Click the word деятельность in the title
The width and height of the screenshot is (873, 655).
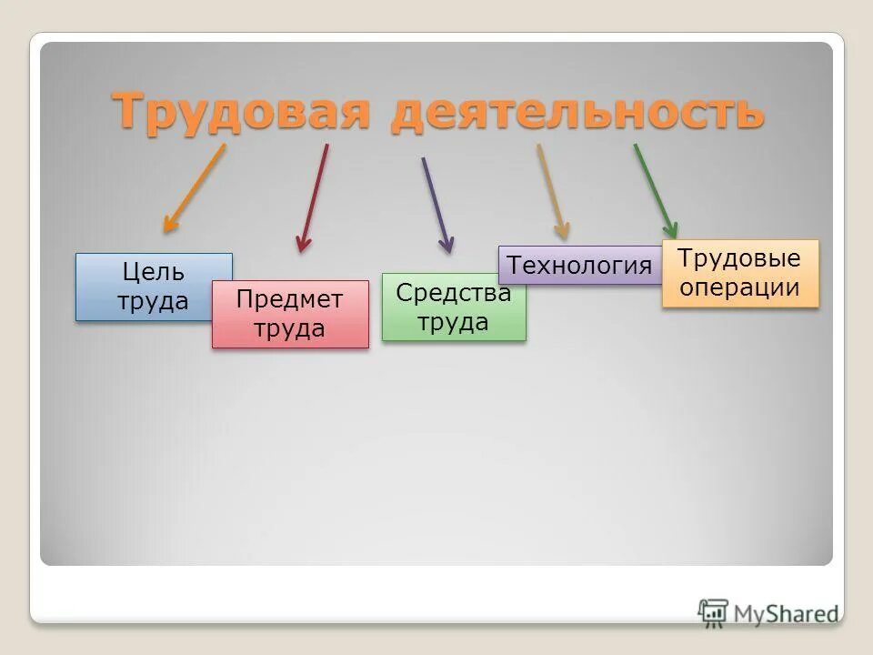(x=577, y=113)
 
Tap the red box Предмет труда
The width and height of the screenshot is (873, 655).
(x=290, y=314)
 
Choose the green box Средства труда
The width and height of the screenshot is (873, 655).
(x=454, y=307)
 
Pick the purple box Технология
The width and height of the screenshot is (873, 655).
(x=580, y=266)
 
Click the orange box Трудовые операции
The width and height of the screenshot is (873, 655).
(x=740, y=273)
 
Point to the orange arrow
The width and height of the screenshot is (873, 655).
(x=194, y=188)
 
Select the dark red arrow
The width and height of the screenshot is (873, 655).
(x=314, y=198)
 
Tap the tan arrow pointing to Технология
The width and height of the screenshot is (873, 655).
(x=552, y=191)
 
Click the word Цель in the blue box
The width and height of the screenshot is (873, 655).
(x=153, y=272)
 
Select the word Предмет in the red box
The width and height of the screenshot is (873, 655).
(x=290, y=299)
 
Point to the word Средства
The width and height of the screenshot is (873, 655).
(x=454, y=294)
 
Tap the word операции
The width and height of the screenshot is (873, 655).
(x=740, y=287)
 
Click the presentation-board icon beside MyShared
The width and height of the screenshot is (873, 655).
(x=714, y=612)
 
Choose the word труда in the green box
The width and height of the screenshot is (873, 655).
(x=454, y=322)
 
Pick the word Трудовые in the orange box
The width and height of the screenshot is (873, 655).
(x=740, y=258)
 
